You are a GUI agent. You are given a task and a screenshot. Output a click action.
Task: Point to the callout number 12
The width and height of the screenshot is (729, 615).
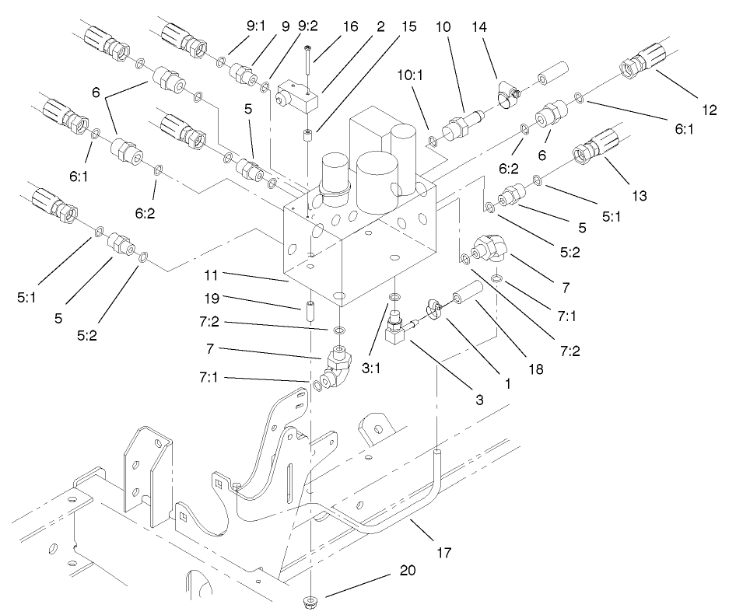pos(707,111)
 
